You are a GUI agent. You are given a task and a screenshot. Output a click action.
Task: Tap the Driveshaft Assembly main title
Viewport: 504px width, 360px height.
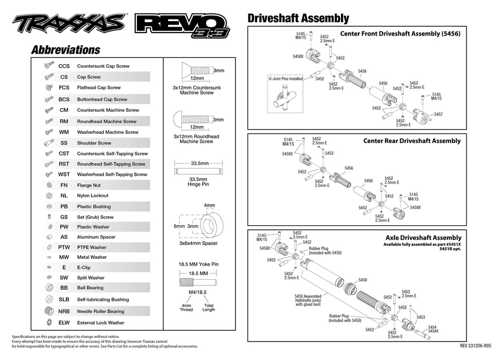(x=298, y=19)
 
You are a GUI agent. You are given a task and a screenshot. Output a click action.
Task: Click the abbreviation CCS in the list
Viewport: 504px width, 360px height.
(x=64, y=66)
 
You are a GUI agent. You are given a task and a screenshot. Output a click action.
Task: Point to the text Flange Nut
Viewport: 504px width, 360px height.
(x=88, y=185)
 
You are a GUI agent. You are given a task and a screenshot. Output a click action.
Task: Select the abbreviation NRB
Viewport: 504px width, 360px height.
(x=64, y=311)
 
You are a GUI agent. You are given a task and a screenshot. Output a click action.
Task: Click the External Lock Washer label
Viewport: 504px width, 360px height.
(x=100, y=323)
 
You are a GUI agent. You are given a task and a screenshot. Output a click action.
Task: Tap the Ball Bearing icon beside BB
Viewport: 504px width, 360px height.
(x=49, y=287)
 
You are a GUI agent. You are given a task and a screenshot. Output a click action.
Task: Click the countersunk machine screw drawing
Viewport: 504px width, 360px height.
(x=193, y=70)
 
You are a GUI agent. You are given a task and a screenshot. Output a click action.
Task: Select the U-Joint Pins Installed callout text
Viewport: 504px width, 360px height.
(x=285, y=79)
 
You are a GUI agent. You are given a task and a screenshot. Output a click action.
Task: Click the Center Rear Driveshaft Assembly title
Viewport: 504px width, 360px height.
(x=411, y=141)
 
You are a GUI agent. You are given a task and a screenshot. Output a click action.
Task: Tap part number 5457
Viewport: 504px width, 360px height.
(x=438, y=114)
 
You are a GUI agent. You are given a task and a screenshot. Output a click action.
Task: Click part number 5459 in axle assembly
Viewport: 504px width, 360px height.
(x=362, y=280)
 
